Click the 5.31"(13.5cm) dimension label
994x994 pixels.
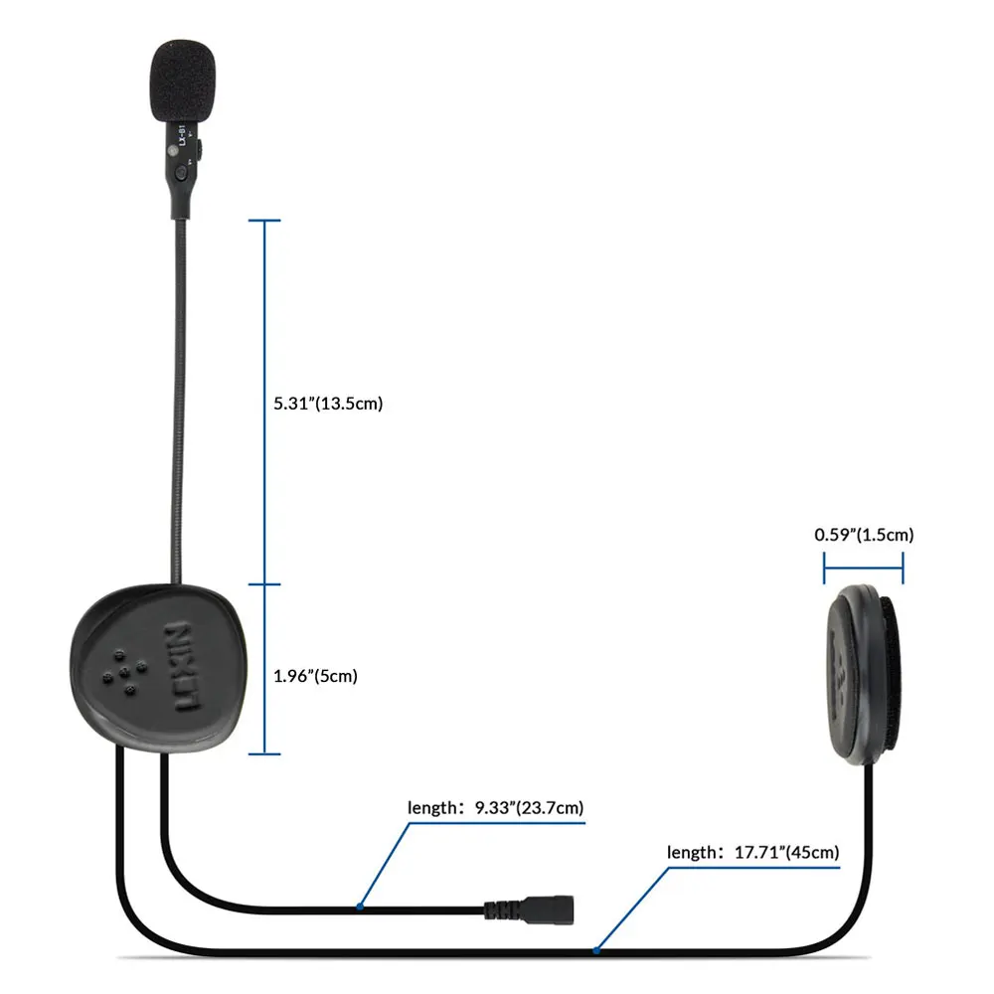click(327, 404)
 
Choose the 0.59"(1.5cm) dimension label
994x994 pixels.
click(864, 535)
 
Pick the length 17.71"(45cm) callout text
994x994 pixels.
click(753, 852)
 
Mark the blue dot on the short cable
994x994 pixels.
click(360, 907)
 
